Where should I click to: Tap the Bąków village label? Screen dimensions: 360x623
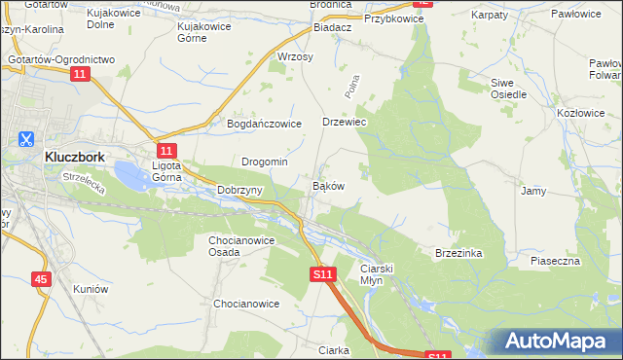click(327, 185)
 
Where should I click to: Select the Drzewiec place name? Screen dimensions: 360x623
click(344, 123)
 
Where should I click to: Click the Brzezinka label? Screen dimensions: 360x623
click(458, 252)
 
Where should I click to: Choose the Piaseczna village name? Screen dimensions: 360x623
click(555, 261)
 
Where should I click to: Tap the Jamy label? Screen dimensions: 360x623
click(532, 191)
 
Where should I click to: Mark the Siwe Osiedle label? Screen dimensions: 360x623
click(508, 89)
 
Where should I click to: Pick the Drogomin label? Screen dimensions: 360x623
click(264, 162)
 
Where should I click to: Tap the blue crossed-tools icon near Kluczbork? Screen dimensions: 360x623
click(24, 139)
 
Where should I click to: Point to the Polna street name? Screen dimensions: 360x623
click(352, 89)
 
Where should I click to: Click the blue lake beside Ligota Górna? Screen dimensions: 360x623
click(131, 176)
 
